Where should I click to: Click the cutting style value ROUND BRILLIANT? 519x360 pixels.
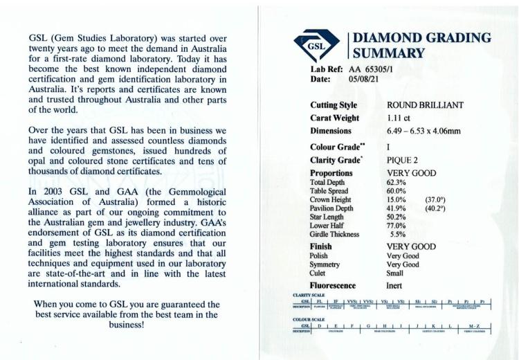click(x=425, y=105)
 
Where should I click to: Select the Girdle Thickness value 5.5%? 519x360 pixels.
click(x=397, y=234)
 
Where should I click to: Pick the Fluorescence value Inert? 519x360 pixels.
click(x=395, y=285)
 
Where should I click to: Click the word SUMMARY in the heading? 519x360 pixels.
click(x=388, y=53)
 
